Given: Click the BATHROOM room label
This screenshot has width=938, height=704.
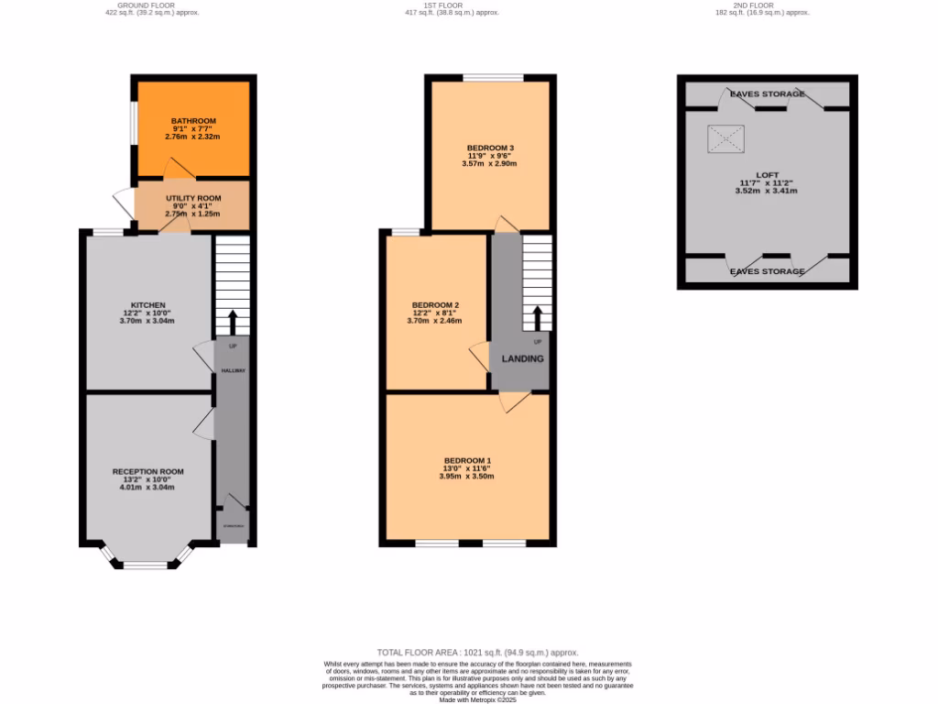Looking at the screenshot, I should (x=193, y=121).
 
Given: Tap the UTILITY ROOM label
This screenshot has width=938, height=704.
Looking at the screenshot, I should (x=193, y=198).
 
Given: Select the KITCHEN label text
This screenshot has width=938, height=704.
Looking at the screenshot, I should (x=147, y=304).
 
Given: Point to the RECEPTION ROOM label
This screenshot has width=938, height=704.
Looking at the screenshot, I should (x=147, y=471).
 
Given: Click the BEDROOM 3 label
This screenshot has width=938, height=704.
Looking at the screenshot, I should (x=490, y=148).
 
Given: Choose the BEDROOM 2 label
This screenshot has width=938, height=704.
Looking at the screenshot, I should (x=435, y=304).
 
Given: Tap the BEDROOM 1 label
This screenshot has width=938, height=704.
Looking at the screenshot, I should (x=467, y=460).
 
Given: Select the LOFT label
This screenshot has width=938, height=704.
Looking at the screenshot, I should (x=768, y=174).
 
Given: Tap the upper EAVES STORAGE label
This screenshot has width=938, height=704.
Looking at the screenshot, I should (x=768, y=93).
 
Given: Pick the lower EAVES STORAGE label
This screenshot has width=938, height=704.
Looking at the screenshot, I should (x=768, y=271).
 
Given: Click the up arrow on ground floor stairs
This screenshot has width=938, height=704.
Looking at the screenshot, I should (x=232, y=322).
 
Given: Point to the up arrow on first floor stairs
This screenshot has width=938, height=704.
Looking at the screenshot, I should (x=537, y=317).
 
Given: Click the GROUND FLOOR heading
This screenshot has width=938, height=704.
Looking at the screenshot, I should (x=152, y=5).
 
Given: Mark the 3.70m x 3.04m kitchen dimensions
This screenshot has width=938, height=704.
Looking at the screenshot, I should (x=147, y=321).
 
